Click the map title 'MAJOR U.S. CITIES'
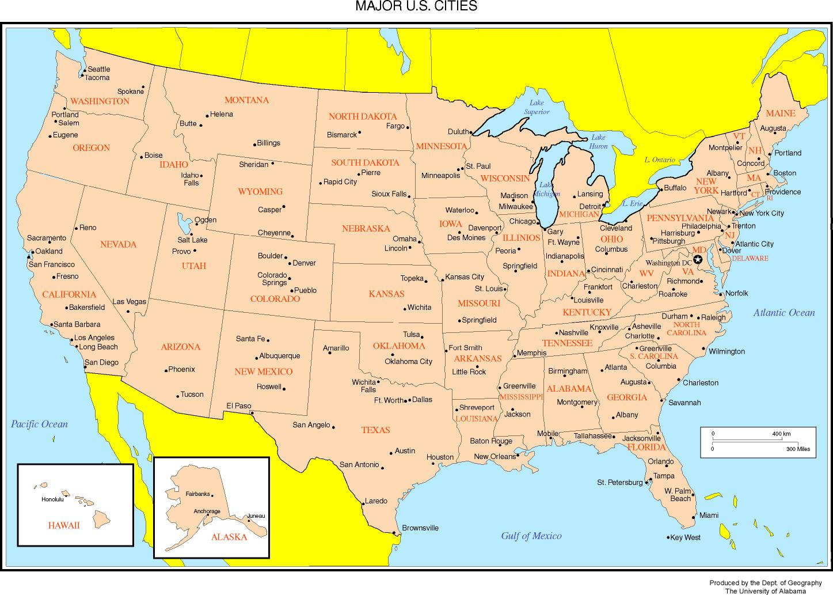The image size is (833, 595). (x=416, y=7)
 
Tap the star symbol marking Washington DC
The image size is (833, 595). (x=698, y=260)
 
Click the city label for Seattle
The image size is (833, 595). (x=98, y=69)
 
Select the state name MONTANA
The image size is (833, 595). (x=246, y=100)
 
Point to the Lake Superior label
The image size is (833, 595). (x=536, y=107)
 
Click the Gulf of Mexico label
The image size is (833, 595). (x=531, y=536)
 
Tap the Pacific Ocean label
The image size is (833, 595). (x=39, y=425)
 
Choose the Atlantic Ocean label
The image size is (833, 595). (x=784, y=313)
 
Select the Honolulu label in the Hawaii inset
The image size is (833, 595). (x=52, y=499)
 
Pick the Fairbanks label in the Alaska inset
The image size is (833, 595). (x=197, y=494)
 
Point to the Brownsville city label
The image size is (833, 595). (x=420, y=528)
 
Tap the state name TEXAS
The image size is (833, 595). (x=375, y=430)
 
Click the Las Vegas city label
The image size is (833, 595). (x=129, y=302)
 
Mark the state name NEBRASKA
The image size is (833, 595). (x=366, y=229)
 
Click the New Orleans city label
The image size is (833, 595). (x=495, y=457)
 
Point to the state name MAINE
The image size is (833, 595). (x=780, y=113)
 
